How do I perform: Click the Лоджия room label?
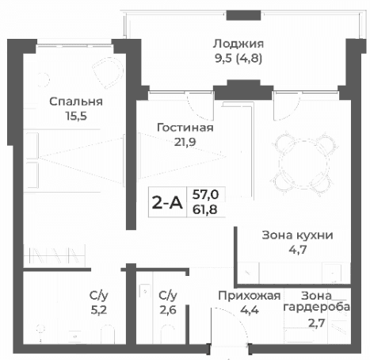238,44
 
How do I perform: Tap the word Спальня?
75,101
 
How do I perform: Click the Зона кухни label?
297,235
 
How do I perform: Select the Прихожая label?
250,295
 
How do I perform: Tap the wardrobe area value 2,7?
317,323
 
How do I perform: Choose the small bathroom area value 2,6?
167,309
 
